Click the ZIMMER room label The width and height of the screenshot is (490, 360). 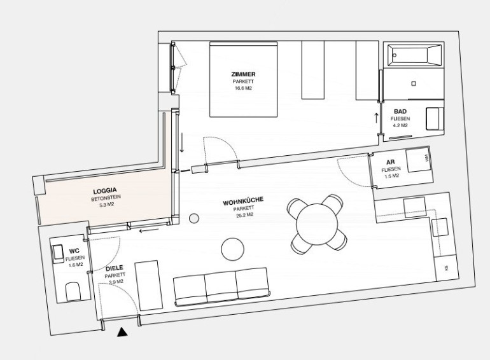[243, 74]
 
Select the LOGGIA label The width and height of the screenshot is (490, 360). [105, 190]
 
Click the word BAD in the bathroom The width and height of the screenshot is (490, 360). [400, 111]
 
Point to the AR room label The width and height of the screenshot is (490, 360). [390, 162]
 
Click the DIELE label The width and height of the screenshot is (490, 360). [115, 268]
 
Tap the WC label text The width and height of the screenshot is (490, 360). [74, 251]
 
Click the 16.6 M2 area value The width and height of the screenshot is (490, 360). [244, 88]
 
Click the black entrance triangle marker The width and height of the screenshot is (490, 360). [122, 333]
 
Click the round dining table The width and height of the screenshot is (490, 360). [317, 223]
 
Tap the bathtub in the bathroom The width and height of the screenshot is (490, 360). [415, 55]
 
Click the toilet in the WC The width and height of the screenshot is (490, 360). [73, 291]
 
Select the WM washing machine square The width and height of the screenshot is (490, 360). [418, 160]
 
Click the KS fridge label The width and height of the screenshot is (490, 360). [446, 268]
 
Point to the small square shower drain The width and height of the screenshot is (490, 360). [414, 83]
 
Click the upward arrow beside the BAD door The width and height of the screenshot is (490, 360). [376, 118]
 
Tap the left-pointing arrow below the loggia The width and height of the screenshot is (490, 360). [149, 231]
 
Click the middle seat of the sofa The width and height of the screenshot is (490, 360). [221, 287]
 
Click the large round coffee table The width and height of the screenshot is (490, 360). [232, 249]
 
